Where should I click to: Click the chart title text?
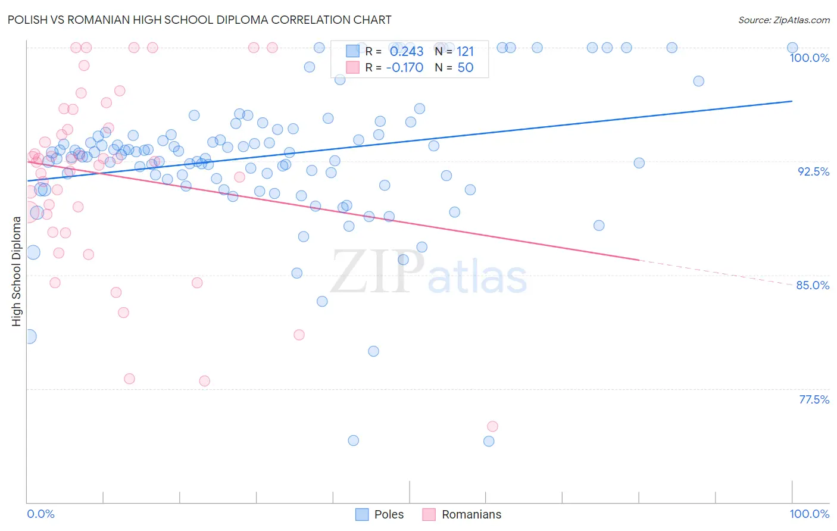click(x=200, y=20)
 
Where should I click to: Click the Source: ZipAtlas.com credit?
click(x=783, y=20)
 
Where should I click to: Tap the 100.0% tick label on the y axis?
click(x=809, y=58)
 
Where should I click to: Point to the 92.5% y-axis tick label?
click(x=813, y=171)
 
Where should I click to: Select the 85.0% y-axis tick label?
click(x=813, y=285)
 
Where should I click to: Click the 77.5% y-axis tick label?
click(x=813, y=399)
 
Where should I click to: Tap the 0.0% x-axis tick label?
click(x=40, y=514)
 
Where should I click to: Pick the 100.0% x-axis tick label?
click(x=809, y=514)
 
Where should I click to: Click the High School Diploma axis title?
click(x=16, y=271)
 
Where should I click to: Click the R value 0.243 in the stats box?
click(x=407, y=52)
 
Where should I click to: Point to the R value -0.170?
click(x=405, y=67)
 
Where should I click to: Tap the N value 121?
click(x=465, y=52)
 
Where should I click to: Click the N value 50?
click(x=465, y=67)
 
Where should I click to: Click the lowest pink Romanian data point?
click(x=492, y=426)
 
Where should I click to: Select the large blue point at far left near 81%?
click(x=29, y=336)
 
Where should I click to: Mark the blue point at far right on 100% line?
click(x=792, y=48)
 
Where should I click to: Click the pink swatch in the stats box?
click(x=352, y=67)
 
